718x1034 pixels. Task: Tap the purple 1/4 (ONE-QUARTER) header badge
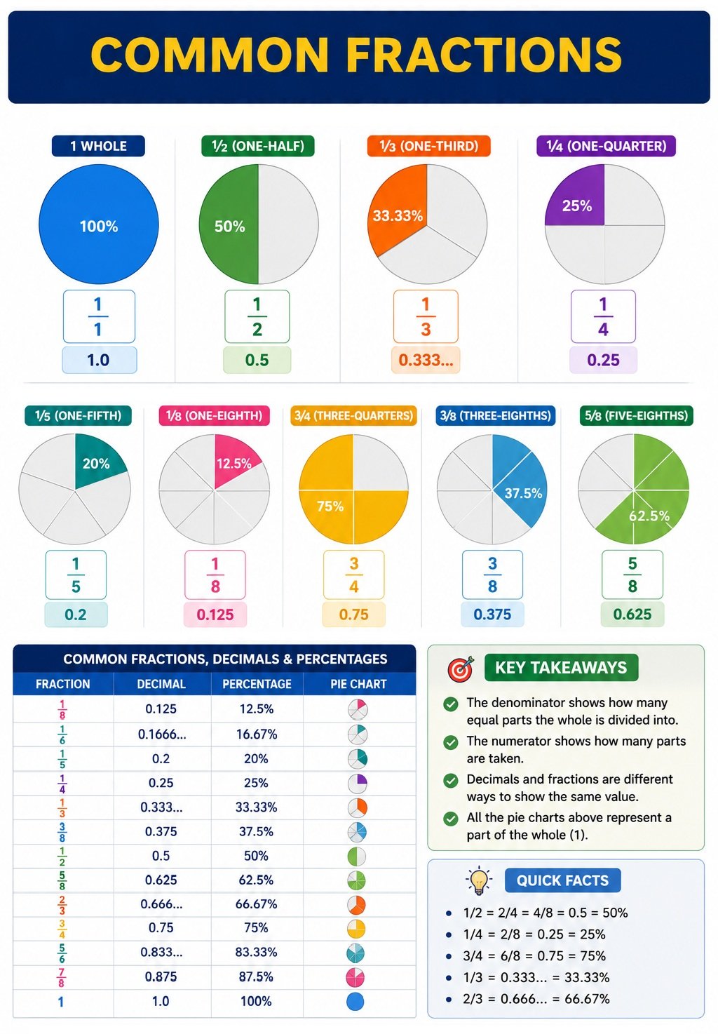606,146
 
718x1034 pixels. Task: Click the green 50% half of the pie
229,224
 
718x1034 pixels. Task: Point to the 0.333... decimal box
426,360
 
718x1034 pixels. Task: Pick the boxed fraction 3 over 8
492,575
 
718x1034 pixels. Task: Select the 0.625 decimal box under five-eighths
632,615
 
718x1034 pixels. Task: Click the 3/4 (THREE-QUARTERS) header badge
353,415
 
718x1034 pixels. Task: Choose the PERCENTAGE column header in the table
257,684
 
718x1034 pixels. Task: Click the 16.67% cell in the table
257,734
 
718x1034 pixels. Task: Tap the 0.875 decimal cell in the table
161,976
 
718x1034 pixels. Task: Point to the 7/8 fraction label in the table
62,977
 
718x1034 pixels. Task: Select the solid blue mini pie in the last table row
355,1002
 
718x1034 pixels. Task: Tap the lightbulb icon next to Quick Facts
479,880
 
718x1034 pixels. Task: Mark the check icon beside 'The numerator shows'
450,742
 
